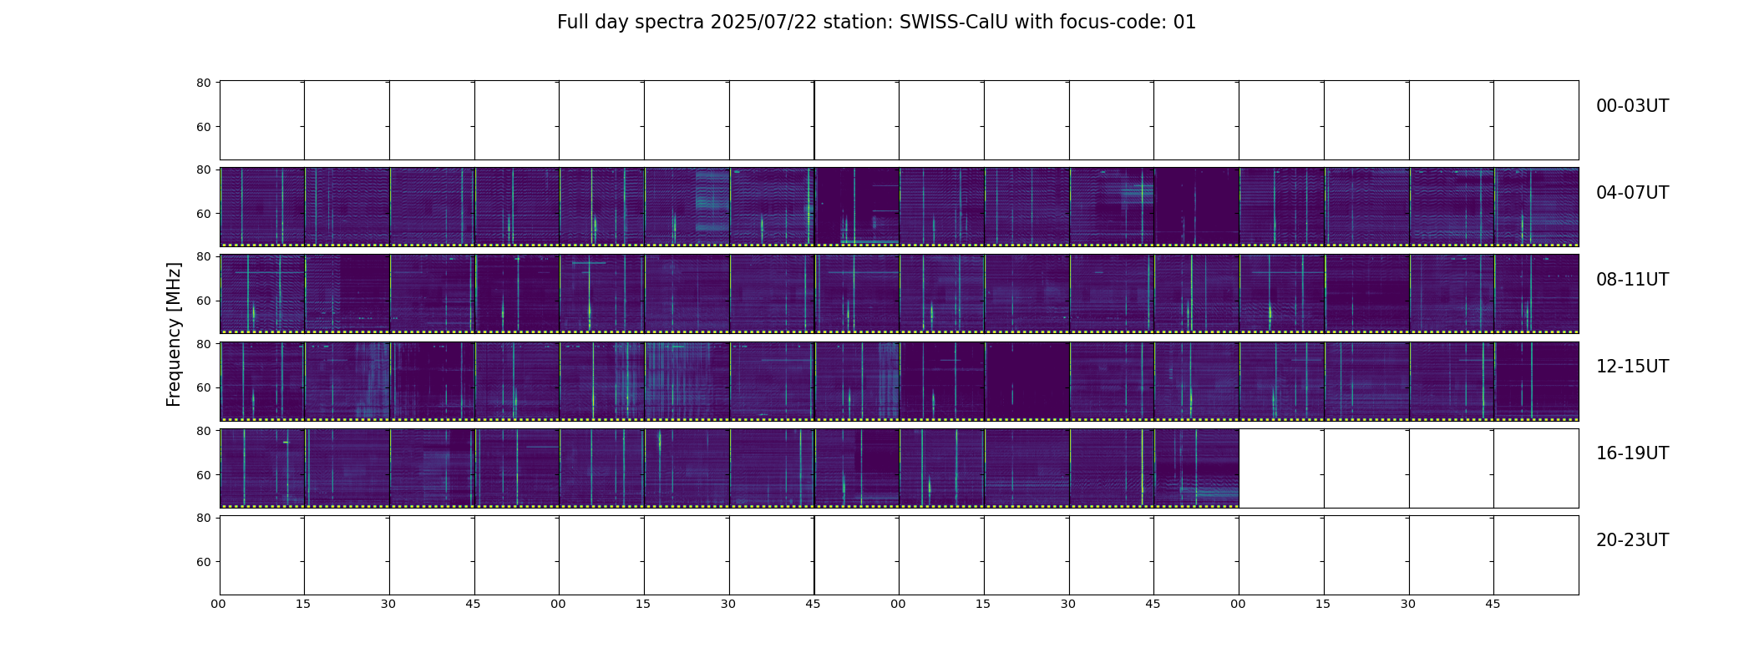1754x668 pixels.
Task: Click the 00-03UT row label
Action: coord(1632,106)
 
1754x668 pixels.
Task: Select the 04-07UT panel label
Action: coord(1632,193)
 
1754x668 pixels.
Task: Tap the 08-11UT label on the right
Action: coord(1632,280)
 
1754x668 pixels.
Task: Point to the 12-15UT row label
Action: coord(1632,367)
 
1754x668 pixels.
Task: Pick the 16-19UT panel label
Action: coord(1632,453)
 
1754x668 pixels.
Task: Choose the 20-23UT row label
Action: coord(1632,540)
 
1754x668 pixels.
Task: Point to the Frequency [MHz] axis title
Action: coord(174,334)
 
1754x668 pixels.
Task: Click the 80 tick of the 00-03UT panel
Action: coord(203,83)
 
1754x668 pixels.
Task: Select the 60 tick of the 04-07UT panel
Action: coord(203,214)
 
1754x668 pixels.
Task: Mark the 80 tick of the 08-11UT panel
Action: coord(203,256)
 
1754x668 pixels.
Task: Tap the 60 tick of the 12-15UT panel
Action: coord(203,387)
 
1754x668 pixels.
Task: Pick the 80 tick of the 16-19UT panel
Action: coord(203,431)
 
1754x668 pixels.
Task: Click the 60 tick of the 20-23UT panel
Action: coord(203,562)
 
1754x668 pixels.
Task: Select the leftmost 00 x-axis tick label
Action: coord(219,604)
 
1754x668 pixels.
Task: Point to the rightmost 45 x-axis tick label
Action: coord(1493,604)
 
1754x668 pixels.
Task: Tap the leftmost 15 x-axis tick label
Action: coord(303,604)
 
